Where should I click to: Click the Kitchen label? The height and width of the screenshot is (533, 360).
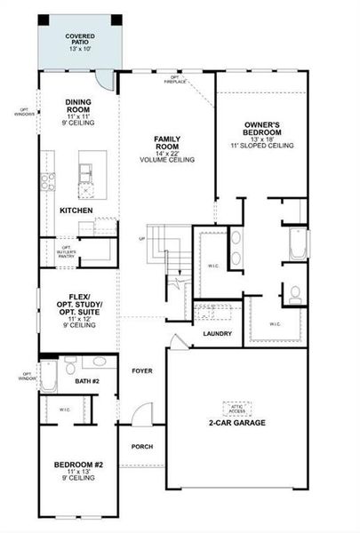(x=76, y=211)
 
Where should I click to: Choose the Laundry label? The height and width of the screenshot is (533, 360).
(x=217, y=334)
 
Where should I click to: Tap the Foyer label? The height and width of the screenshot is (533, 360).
(x=142, y=370)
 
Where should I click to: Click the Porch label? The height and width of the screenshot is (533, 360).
(x=142, y=447)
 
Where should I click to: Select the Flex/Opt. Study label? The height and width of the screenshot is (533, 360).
(x=78, y=306)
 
